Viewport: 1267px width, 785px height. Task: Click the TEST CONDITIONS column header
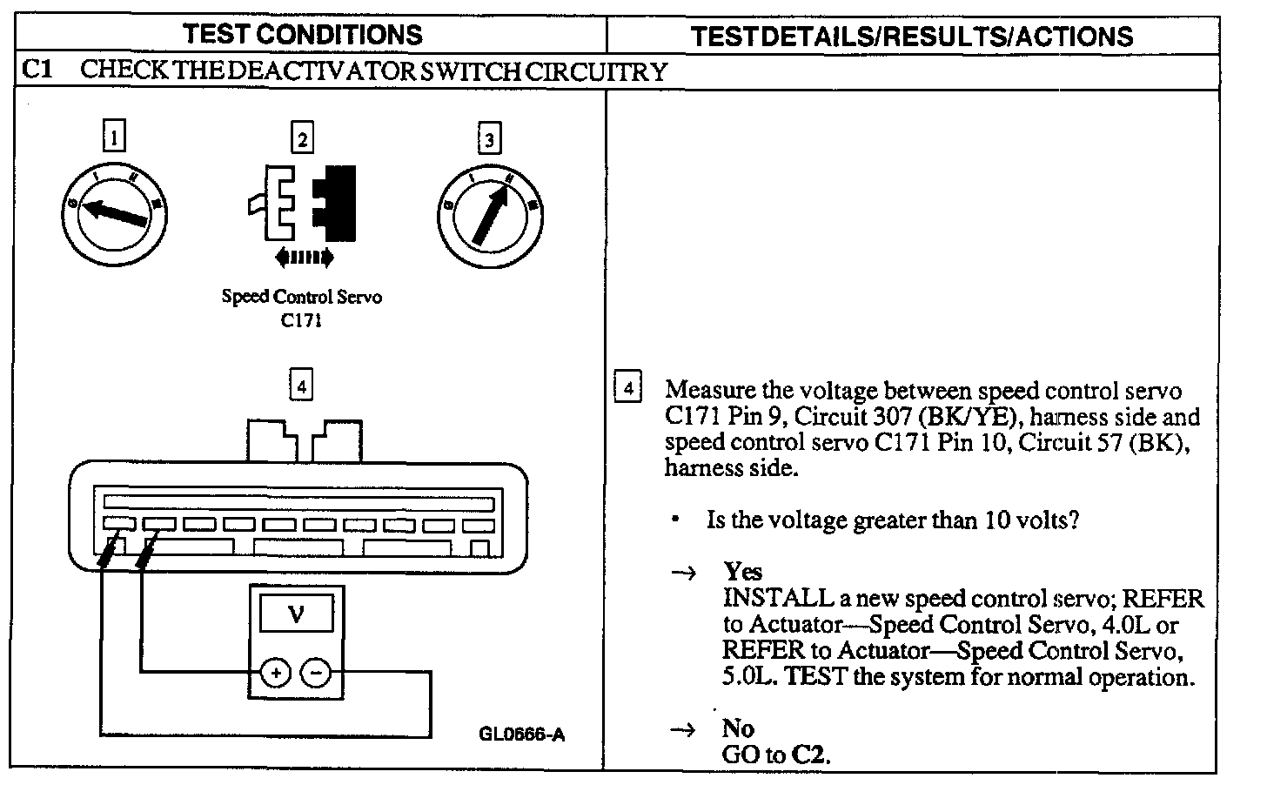click(303, 34)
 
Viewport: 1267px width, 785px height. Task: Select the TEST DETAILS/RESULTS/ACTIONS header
click(911, 36)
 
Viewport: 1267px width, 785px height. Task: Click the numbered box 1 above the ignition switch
click(113, 138)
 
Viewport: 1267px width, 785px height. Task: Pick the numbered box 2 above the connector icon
click(301, 138)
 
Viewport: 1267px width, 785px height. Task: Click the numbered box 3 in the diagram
click(489, 138)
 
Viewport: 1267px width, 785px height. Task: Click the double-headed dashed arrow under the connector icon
click(303, 257)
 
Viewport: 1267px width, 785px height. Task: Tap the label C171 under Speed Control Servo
click(301, 320)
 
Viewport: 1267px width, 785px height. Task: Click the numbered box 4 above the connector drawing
click(301, 385)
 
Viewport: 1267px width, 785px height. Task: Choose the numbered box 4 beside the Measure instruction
click(628, 386)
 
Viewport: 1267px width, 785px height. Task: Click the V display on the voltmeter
click(296, 614)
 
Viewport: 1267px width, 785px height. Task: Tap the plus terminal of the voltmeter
click(275, 673)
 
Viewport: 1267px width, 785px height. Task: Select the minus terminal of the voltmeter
click(316, 673)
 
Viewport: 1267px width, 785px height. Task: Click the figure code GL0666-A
click(521, 734)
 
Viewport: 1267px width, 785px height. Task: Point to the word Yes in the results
click(742, 572)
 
